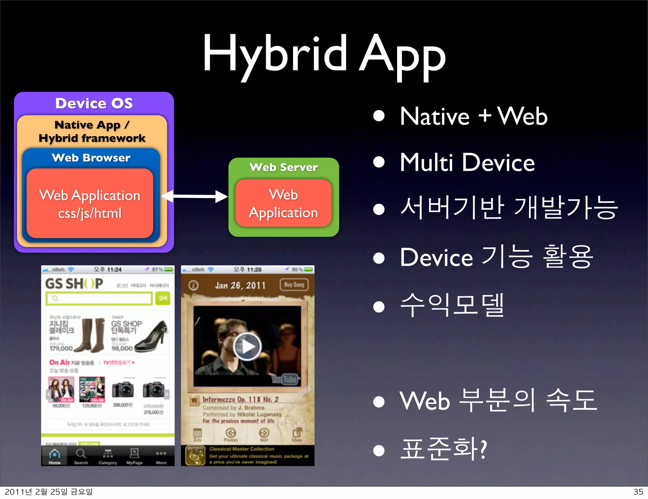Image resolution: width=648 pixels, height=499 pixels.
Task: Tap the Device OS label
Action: tap(94, 103)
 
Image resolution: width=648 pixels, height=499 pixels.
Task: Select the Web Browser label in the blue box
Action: tap(91, 158)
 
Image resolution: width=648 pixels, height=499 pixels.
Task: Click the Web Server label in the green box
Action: tap(284, 167)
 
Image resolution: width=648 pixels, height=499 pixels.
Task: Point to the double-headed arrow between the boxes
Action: tap(194, 196)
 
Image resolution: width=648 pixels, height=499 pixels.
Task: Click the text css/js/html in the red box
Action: tap(90, 213)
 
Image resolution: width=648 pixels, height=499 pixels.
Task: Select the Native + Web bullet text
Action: tap(473, 116)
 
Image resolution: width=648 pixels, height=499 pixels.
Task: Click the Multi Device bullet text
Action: tap(467, 162)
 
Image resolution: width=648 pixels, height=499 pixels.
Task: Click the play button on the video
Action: tap(247, 346)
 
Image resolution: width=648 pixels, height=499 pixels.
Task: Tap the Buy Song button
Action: tap(294, 285)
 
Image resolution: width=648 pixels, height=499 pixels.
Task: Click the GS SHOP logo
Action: tap(74, 283)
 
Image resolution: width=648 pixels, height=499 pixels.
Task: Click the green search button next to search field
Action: tap(163, 298)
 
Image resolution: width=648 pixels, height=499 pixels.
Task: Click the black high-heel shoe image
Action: tap(152, 337)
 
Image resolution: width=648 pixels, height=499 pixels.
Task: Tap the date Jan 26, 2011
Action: tap(240, 285)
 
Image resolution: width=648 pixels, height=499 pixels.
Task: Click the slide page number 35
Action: tap(638, 492)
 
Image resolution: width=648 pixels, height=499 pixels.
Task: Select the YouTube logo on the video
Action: tap(284, 379)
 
